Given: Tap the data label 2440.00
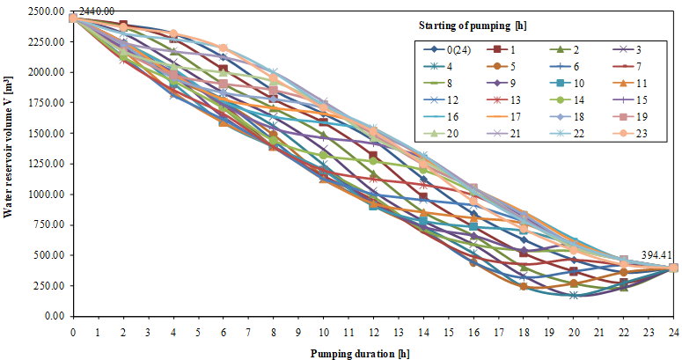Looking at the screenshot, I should (x=96, y=11).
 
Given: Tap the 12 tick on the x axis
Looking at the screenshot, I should (x=373, y=334).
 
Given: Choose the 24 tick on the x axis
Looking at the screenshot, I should (x=674, y=334).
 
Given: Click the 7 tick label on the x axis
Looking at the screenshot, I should (x=248, y=334).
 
